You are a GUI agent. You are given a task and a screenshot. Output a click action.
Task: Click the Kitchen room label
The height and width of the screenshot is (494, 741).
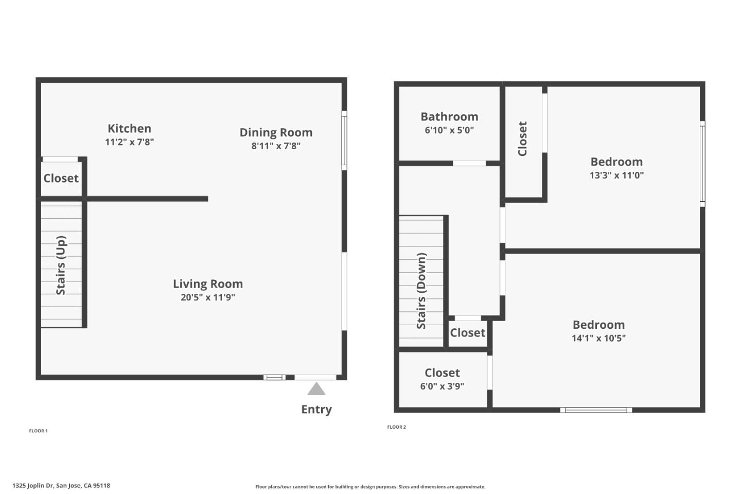point(129,129)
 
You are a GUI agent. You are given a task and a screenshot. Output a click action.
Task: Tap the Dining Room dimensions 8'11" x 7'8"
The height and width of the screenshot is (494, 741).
point(276,146)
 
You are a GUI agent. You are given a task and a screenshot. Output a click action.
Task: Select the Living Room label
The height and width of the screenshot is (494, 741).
point(207,284)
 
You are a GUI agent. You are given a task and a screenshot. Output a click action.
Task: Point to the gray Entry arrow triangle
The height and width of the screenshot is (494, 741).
point(316,389)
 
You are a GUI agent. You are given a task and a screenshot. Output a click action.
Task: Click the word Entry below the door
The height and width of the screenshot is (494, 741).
point(316,410)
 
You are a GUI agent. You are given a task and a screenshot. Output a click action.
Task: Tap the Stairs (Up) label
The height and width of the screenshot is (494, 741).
point(61,266)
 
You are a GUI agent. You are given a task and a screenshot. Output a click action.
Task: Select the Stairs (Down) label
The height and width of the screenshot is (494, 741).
point(421,291)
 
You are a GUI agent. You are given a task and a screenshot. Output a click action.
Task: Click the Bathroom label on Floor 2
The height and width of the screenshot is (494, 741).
point(449,117)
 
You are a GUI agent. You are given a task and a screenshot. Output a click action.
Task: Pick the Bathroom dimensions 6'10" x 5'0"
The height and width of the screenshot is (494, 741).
point(449,130)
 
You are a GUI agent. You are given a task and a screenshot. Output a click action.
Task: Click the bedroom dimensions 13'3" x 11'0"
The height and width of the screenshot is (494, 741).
point(616,175)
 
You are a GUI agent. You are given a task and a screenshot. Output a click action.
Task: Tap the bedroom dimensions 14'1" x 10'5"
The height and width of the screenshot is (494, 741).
point(598,338)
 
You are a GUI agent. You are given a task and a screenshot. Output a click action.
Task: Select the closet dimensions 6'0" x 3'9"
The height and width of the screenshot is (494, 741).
point(442,386)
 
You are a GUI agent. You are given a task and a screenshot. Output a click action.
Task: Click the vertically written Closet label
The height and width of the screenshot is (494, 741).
point(522,139)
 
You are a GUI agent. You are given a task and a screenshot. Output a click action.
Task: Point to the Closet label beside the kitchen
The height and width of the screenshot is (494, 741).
point(61,179)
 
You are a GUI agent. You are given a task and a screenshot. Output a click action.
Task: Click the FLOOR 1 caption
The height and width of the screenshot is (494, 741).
point(38,431)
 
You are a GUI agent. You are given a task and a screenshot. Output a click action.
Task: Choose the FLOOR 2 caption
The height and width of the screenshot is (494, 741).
point(396,427)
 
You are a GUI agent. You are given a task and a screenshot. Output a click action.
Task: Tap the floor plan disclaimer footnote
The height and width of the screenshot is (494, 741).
point(370,487)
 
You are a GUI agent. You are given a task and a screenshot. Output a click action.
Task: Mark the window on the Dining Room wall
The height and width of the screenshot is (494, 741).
point(344,140)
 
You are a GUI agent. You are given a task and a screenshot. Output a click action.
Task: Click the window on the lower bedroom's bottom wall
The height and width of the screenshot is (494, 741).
point(596,410)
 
